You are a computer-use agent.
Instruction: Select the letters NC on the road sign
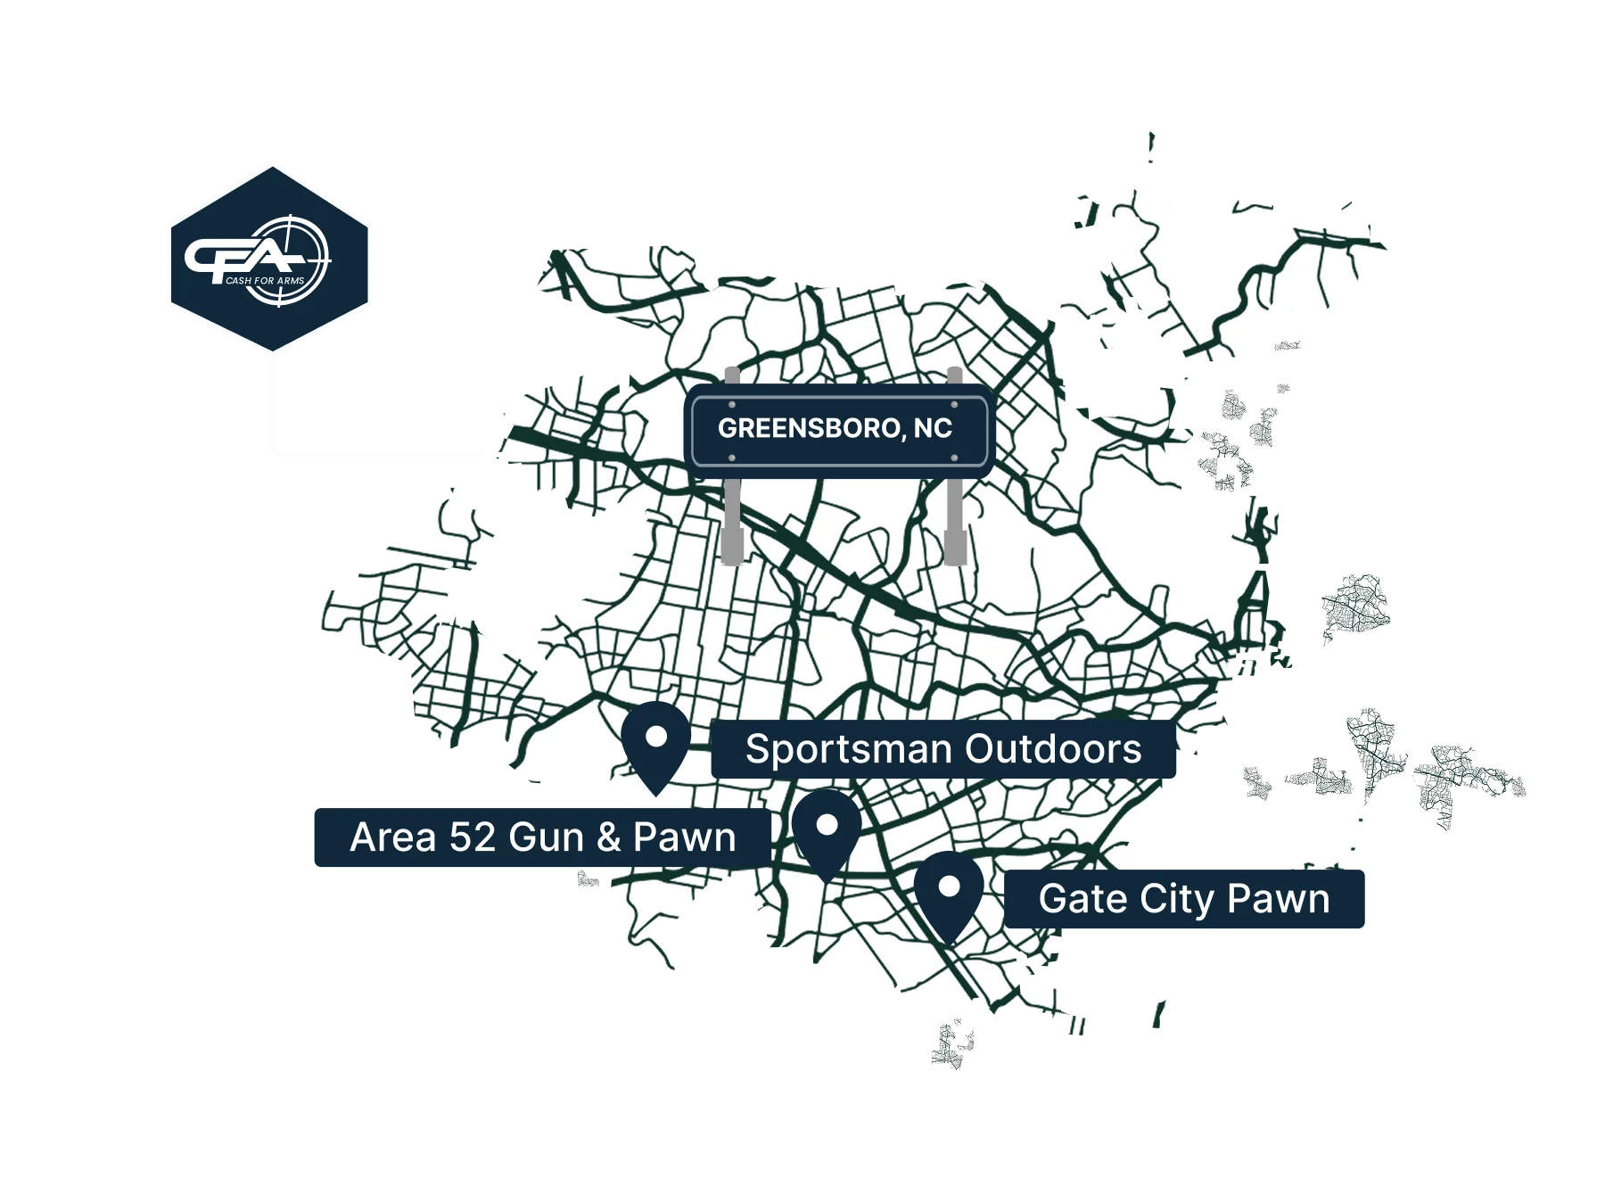coord(933,429)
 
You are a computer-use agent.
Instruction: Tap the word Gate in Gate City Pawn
coord(1075,899)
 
